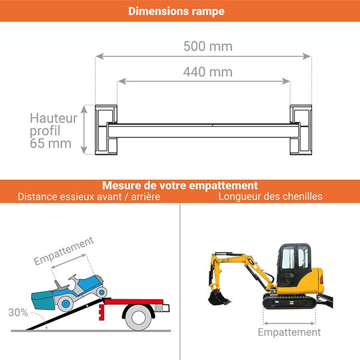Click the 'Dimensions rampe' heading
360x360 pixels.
click(176, 11)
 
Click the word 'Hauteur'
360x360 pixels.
click(53, 118)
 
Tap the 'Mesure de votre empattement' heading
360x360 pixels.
click(180, 185)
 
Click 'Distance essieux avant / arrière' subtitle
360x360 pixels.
click(89, 196)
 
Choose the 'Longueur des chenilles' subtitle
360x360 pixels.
click(270, 196)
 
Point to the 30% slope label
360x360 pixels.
click(18, 313)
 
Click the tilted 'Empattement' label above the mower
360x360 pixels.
click(64, 251)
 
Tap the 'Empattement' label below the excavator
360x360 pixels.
click(289, 332)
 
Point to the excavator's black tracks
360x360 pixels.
click(290, 302)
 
